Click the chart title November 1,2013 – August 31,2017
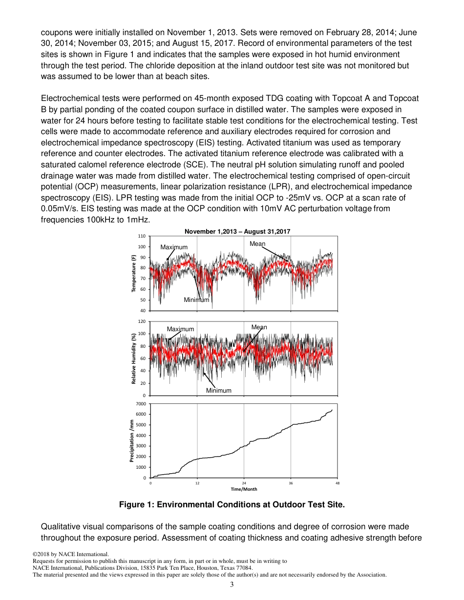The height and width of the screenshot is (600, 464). (237, 231)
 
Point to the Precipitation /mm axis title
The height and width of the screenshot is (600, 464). (132, 440)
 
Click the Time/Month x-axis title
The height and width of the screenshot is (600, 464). (244, 489)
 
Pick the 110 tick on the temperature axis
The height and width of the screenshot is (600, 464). (145, 237)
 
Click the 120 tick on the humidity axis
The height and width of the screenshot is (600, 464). (145, 321)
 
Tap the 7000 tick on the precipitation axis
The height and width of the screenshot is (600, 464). (144, 404)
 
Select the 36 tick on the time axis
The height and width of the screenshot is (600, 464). (291, 483)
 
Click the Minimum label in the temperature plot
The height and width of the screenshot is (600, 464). (196, 300)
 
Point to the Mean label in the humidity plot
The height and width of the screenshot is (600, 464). (259, 327)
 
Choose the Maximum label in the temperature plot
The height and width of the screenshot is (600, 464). (174, 247)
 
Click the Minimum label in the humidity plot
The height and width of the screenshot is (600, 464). (218, 390)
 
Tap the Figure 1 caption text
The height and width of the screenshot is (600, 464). (232, 505)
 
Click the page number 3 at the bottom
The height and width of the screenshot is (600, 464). (232, 584)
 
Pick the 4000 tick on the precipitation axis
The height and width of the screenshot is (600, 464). (144, 436)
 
